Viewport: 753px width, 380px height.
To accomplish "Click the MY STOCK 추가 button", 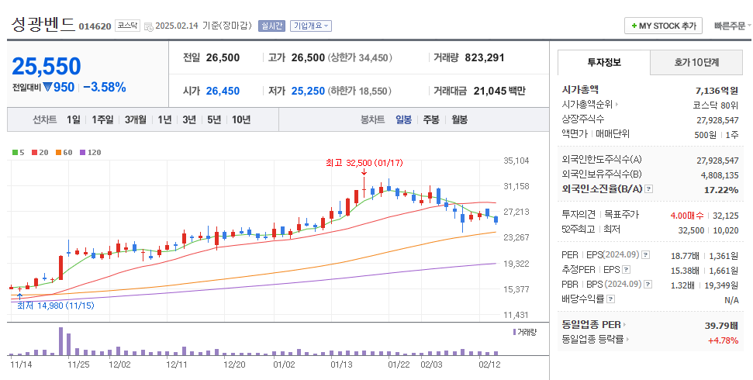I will click(663, 26).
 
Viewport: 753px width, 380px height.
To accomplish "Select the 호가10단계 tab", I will click(696, 63).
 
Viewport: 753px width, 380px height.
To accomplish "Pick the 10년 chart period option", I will click(240, 119).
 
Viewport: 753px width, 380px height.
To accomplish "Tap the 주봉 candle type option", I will click(430, 119).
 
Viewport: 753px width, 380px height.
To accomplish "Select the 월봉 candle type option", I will click(459, 119).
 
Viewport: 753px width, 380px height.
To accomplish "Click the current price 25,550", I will click(47, 66).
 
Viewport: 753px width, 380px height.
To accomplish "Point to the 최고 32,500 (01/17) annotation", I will click(364, 162).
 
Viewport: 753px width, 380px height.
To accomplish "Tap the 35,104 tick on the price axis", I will click(516, 161).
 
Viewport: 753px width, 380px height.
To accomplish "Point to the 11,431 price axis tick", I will click(516, 315).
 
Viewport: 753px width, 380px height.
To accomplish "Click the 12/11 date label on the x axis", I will click(177, 364).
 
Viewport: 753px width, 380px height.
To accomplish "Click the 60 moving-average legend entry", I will click(64, 152).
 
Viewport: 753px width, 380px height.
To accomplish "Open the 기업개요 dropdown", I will click(311, 26).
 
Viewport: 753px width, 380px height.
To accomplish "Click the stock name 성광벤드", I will click(43, 24).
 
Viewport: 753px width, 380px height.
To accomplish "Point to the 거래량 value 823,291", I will click(485, 57).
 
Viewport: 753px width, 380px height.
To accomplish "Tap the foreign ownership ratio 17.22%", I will click(720, 190).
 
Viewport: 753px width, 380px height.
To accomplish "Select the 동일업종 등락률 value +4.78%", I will click(722, 340).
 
